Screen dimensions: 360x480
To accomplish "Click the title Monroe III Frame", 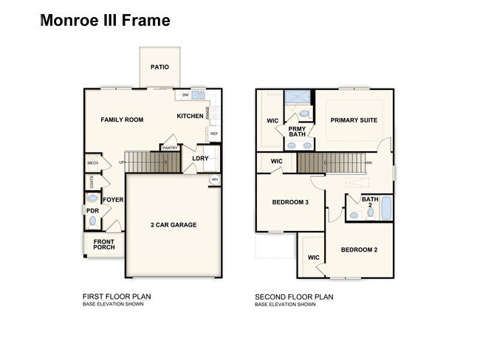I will (x=105, y=21).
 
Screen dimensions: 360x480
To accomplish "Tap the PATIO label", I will (x=160, y=67).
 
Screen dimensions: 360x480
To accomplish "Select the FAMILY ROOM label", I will (x=122, y=120).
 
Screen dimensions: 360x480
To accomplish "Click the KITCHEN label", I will (x=190, y=117).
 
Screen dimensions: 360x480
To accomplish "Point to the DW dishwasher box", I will (x=185, y=95).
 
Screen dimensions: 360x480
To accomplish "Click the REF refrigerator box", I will (x=214, y=134).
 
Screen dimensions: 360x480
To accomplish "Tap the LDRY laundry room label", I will (x=200, y=159).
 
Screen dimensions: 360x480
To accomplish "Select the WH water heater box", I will (x=214, y=179).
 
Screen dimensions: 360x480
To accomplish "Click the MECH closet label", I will (x=92, y=163).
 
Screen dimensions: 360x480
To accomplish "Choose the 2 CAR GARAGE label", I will (x=174, y=225).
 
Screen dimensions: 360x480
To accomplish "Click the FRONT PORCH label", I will (x=104, y=244).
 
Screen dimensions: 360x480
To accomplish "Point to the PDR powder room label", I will (x=92, y=210).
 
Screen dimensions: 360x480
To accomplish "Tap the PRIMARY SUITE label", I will (x=354, y=120).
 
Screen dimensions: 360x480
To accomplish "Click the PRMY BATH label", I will (x=297, y=131).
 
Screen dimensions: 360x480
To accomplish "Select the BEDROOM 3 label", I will (x=290, y=202).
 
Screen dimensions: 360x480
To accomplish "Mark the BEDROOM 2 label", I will (x=359, y=250).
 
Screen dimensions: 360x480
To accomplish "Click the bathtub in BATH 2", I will (x=386, y=210).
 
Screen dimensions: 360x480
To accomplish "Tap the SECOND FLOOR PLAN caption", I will (x=294, y=297).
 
